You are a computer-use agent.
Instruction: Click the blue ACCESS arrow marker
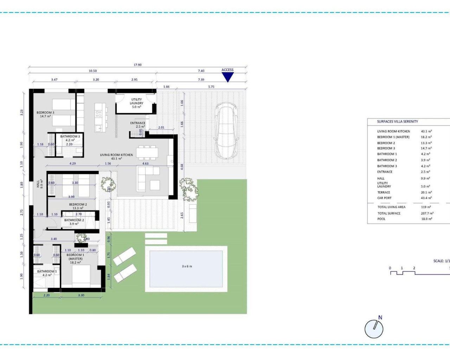tap(227, 77)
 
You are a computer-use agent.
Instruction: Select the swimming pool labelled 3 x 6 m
tap(186, 269)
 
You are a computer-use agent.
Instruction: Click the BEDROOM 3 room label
tap(45, 113)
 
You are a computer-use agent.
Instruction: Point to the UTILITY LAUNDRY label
tap(136, 101)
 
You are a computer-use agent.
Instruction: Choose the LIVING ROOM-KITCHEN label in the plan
tap(116, 155)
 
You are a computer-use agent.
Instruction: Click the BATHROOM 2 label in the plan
tap(74, 220)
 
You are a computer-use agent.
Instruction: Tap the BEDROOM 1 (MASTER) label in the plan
tap(75, 257)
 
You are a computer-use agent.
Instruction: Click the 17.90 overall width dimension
tap(137, 65)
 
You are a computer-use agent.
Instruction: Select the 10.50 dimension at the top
tap(92, 71)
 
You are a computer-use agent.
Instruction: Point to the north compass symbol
tap(374, 328)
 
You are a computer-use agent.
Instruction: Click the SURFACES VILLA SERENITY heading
tap(397, 122)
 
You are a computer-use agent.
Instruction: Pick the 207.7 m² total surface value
tap(427, 213)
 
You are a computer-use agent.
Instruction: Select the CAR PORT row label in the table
tap(384, 198)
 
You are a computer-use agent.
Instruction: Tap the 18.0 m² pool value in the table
tap(426, 219)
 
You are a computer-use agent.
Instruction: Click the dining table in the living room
tap(148, 153)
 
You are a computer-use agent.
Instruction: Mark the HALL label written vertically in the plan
tap(38, 184)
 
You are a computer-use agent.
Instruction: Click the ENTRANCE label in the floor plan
tap(137, 123)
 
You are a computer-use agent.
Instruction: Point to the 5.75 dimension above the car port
tap(211, 86)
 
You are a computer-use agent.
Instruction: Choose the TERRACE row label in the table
tap(384, 192)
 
